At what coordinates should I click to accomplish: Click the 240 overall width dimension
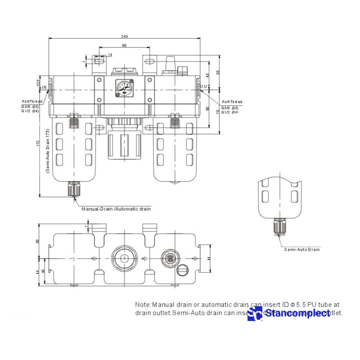coord(124,36)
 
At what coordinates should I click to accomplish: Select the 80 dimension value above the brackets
coord(124,46)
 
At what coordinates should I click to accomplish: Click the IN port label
coord(44,87)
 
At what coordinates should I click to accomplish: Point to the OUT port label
coord(205,86)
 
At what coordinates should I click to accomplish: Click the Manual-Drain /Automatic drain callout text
coord(116,209)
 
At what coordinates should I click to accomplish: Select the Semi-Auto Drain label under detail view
coord(302,249)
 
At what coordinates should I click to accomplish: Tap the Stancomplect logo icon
coord(255,313)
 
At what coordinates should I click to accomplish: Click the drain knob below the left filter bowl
coord(73,189)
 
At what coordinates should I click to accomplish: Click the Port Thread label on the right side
coord(232,102)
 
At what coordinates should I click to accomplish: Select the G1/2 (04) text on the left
coord(30,111)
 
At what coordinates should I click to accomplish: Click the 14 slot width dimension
coord(110,55)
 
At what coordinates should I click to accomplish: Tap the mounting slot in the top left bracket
coord(99,61)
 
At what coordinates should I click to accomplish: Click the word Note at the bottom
coord(142,305)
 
